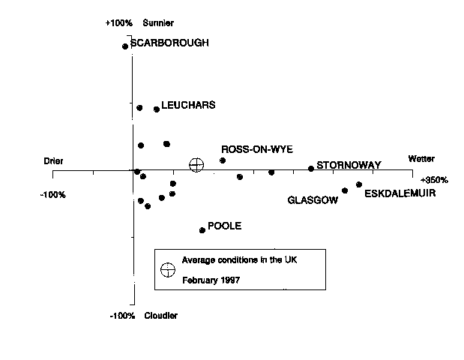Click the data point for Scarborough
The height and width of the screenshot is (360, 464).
tap(125, 46)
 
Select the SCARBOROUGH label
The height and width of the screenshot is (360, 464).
tap(169, 43)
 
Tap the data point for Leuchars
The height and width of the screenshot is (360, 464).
tap(157, 109)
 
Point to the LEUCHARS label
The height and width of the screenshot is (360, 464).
tap(188, 106)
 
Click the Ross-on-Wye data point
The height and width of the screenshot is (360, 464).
tap(223, 160)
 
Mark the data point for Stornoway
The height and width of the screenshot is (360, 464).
tap(311, 169)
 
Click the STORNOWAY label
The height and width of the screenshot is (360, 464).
tap(349, 165)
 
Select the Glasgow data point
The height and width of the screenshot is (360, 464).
tap(345, 190)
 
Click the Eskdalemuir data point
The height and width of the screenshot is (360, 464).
tap(359, 184)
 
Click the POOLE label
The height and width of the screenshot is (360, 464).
tap(225, 226)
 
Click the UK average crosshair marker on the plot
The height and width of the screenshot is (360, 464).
tap(196, 164)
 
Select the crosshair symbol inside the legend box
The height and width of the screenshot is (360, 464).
tap(168, 269)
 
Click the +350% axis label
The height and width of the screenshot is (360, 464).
tap(434, 181)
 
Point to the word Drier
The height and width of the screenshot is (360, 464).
tap(54, 161)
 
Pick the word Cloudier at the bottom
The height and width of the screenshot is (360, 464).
tap(161, 316)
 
